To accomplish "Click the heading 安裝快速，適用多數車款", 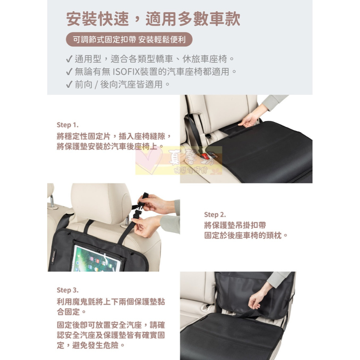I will click(153, 19).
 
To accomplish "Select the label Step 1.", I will click(67, 125).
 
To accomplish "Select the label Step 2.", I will click(215, 215).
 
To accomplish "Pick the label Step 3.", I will click(67, 290).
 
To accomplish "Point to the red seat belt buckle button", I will click(206, 156).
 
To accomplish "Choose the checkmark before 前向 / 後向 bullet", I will click(69, 85).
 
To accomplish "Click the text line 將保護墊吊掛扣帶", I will click(235, 225).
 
